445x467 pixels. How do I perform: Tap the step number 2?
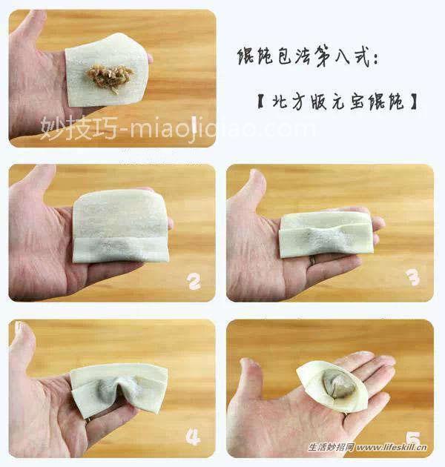(x=194, y=282)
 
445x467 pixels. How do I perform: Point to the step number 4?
(x=193, y=437)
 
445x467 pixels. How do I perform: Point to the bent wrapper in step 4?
(x=119, y=388)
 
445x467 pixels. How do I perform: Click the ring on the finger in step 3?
(x=313, y=260)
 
